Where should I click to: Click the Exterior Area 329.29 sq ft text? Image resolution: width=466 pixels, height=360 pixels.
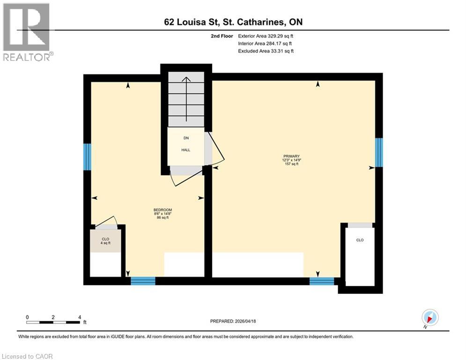(266, 36)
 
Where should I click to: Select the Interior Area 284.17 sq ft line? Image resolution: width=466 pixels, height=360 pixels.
(266, 44)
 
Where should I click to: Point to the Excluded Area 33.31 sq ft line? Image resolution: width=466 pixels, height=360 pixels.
(266, 51)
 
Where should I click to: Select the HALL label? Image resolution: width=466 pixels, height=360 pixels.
(186, 150)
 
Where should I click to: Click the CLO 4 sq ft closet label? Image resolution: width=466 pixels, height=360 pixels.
(105, 241)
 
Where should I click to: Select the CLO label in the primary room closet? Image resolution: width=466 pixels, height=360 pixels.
(360, 240)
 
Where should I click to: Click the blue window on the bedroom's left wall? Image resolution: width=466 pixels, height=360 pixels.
(87, 157)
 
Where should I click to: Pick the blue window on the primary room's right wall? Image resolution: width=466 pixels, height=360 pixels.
(379, 152)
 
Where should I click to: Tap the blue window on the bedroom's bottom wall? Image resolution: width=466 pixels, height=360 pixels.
(143, 281)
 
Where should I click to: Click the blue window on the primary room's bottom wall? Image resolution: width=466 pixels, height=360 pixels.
(322, 281)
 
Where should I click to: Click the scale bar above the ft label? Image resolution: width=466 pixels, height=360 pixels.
(53, 322)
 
